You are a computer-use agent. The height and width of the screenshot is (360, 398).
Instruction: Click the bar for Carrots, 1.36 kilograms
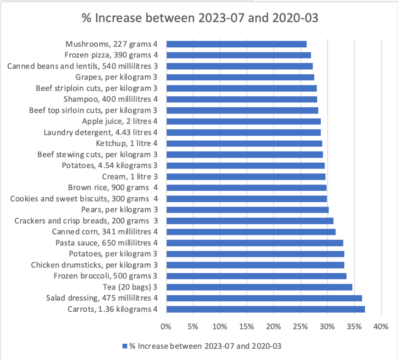[265, 309]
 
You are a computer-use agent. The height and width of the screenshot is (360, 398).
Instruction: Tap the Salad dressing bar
[264, 298]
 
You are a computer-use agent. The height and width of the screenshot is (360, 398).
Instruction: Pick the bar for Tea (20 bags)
[259, 287]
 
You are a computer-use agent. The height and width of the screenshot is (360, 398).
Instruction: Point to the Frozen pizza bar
[238, 55]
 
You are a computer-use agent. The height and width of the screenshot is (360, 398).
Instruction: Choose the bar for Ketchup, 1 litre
[244, 143]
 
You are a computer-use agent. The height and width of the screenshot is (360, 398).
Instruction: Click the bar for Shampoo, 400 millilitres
[241, 99]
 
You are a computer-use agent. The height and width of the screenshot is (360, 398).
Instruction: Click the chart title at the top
[200, 18]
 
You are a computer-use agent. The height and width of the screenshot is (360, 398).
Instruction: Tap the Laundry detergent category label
[106, 132]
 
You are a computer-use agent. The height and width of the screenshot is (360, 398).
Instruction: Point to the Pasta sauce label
[108, 243]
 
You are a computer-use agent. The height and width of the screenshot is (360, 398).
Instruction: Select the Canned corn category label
[107, 232]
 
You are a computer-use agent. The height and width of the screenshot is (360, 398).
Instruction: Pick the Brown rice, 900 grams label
[115, 188]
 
